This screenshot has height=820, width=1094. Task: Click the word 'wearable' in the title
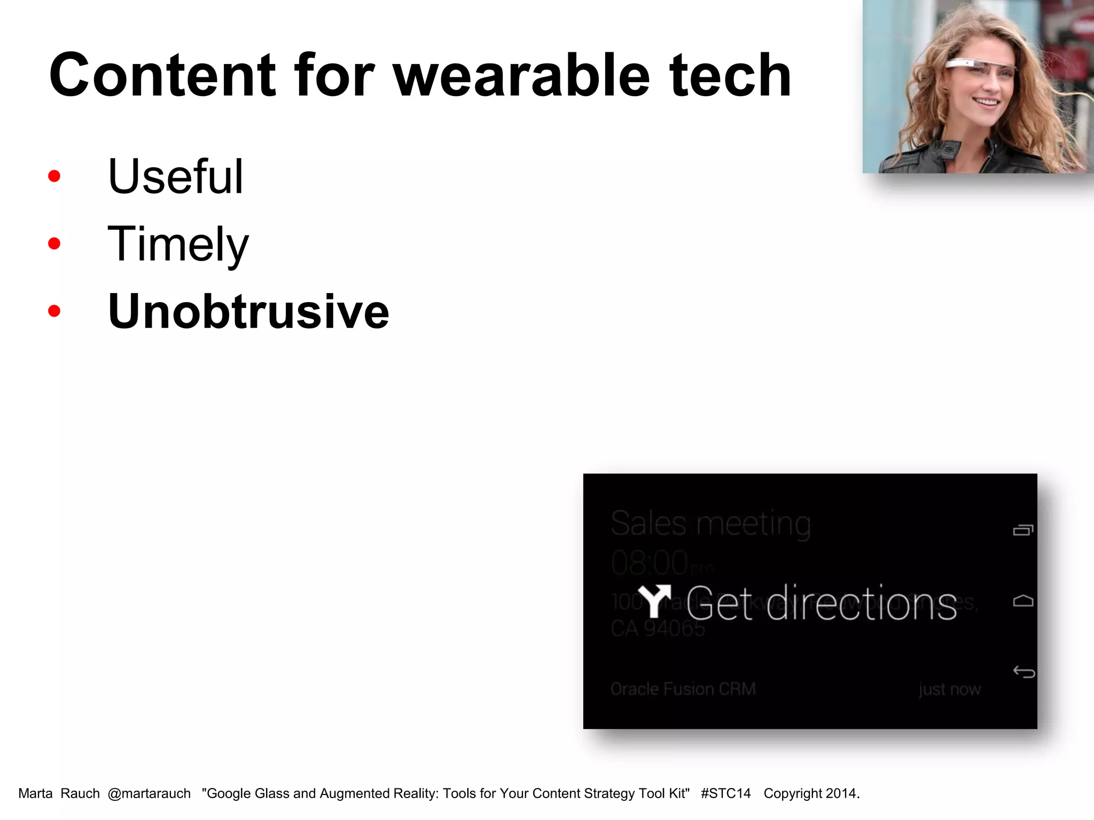coord(521,76)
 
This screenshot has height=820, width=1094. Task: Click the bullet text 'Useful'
coord(175,176)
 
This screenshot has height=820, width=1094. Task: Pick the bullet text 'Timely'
coord(178,245)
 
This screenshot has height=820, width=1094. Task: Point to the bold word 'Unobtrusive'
coord(248,311)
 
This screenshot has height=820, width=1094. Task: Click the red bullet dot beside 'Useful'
coord(54,176)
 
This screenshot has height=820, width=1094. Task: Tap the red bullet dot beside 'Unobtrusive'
coord(54,311)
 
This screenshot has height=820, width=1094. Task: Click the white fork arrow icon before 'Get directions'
coord(655,601)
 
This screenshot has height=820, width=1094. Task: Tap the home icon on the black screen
coord(1023,601)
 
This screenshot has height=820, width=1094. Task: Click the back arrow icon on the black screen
coord(1023,672)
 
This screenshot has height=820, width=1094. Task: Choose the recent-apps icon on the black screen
coord(1023,530)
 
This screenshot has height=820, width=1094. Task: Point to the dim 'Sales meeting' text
coord(710,524)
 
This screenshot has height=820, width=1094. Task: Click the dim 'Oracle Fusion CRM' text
coord(683,689)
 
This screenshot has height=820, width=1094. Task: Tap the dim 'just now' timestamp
coord(949,689)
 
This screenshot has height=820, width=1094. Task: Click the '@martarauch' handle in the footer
coord(149,794)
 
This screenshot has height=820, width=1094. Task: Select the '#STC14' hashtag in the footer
coord(725,794)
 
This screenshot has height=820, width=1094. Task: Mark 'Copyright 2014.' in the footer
coord(811,794)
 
